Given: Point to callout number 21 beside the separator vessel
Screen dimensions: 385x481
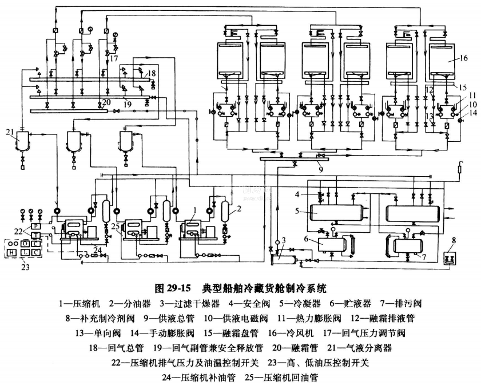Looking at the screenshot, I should point(9,133).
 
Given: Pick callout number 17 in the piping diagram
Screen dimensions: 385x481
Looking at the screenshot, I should point(114,58).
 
